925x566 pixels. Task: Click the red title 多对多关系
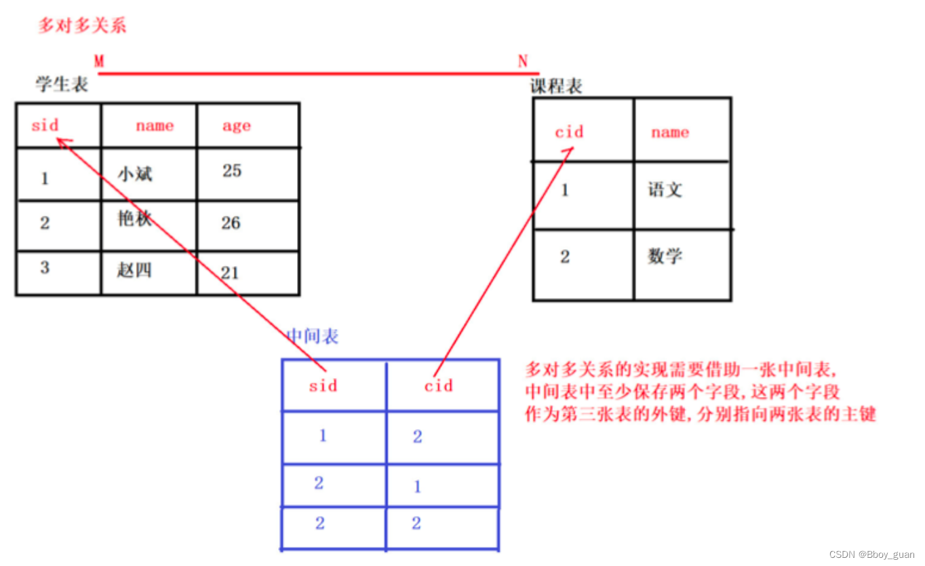coord(82,26)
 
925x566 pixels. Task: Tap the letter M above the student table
coord(99,61)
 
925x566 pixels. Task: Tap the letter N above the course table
coord(522,61)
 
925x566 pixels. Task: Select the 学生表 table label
coord(62,84)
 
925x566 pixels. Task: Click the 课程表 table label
coord(555,86)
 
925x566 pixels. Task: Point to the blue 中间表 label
coord(313,336)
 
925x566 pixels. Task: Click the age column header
coord(237,126)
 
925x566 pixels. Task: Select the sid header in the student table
coord(45,125)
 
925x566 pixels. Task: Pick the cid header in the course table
coord(568,132)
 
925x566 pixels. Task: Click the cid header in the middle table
coord(438,385)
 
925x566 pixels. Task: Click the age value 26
coord(231,223)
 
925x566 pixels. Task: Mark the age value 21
coord(230,273)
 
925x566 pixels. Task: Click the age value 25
coord(232,171)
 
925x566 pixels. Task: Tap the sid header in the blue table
coord(323,385)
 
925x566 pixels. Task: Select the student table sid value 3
coord(45,267)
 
